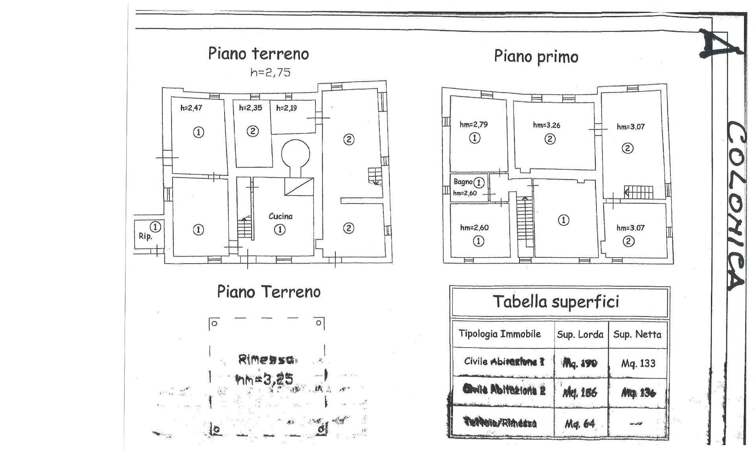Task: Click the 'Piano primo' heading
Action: coord(536,57)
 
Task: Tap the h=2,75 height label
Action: coord(270,72)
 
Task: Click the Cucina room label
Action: coord(280,216)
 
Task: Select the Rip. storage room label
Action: coord(145,236)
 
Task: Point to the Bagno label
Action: coord(463,182)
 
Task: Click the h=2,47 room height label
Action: coord(191,108)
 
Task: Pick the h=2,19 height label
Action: coord(286,108)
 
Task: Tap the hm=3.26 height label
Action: coord(547,125)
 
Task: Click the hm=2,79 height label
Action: coord(474,125)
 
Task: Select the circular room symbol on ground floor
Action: coord(295,154)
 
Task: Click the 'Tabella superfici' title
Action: coord(556,302)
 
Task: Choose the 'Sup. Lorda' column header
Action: coord(580,335)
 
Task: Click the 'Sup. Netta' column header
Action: coord(637,335)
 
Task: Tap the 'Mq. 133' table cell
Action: coord(638,363)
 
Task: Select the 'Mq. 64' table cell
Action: coord(580,424)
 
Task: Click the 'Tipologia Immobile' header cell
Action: coord(500,334)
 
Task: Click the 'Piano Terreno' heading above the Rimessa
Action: coord(269,292)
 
